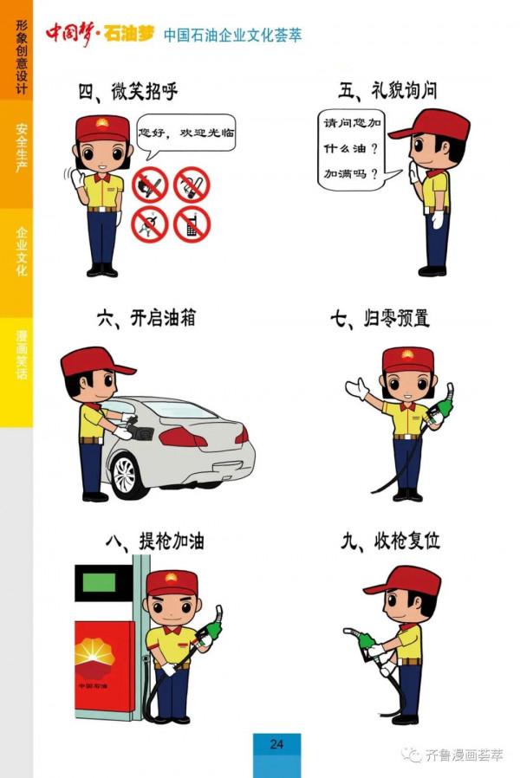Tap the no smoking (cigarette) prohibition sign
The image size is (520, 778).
click(192, 184)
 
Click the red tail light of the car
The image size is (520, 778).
click(183, 437)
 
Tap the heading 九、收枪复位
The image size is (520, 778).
click(390, 541)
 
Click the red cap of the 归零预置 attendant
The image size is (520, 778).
click(407, 357)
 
